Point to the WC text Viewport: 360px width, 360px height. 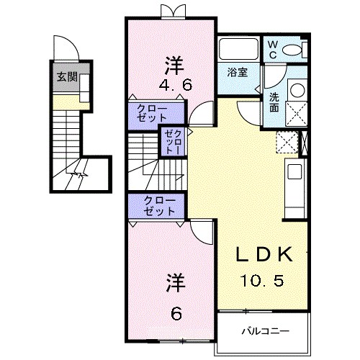[273, 48]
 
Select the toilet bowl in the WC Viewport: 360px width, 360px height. [293, 50]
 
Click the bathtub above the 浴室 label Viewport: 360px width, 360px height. [238, 50]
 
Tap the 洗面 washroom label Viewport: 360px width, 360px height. [274, 102]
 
